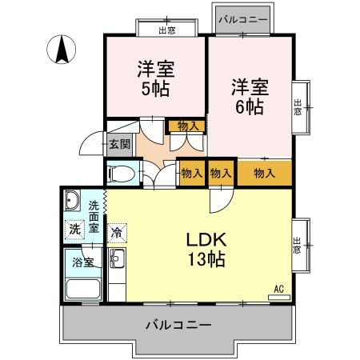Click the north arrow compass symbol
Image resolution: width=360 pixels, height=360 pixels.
[61, 51]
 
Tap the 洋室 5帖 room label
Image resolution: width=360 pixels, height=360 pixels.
[156, 78]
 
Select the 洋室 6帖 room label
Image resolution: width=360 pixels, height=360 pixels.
[249, 95]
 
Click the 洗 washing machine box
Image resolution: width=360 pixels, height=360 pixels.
[74, 229]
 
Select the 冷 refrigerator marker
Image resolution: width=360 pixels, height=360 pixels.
[117, 234]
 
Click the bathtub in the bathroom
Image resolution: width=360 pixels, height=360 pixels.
[82, 289]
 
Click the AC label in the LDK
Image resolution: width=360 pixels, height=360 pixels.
[279, 289]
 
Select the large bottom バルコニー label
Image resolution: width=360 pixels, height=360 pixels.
[178, 326]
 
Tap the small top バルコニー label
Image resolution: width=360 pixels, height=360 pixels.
[243, 18]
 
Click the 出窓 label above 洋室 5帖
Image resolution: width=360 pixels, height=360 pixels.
[166, 30]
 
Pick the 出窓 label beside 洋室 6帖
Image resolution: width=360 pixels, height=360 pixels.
[298, 106]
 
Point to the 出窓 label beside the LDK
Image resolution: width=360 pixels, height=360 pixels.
[298, 242]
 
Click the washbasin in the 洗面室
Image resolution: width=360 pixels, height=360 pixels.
[73, 200]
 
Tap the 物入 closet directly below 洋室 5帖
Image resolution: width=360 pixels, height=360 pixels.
[187, 126]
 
